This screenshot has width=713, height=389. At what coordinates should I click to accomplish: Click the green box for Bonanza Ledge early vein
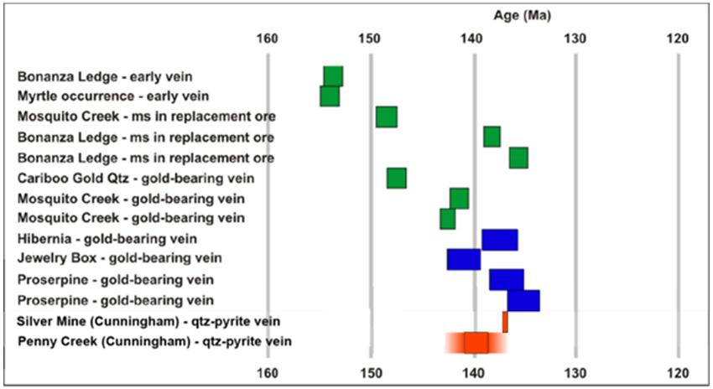click(333, 76)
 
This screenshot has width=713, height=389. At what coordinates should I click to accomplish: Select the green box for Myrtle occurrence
click(330, 96)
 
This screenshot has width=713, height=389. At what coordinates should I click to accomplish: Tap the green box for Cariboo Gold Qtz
click(397, 178)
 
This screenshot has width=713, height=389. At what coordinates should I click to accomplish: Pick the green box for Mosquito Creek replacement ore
click(387, 117)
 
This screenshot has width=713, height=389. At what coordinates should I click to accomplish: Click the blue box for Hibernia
click(500, 240)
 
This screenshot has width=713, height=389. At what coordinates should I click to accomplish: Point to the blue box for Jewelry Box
click(464, 260)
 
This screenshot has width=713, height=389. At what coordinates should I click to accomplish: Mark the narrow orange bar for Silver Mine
click(505, 322)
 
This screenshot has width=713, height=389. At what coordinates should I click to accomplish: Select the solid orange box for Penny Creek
click(476, 343)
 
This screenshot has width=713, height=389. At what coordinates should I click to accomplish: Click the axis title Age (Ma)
click(522, 16)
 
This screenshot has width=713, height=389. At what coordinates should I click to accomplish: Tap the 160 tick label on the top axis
click(267, 39)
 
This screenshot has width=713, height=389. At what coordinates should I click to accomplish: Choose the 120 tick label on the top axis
click(678, 39)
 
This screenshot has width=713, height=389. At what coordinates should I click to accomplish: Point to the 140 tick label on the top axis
click(472, 39)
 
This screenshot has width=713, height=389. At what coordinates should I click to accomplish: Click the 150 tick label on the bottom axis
click(370, 373)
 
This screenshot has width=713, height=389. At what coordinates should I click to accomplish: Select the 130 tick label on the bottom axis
click(575, 373)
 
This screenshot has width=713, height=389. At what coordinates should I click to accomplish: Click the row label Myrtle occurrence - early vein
click(113, 96)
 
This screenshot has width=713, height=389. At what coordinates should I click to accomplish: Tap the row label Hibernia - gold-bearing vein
click(107, 239)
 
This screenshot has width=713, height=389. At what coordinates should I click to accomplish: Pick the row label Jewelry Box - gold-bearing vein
click(120, 258)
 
